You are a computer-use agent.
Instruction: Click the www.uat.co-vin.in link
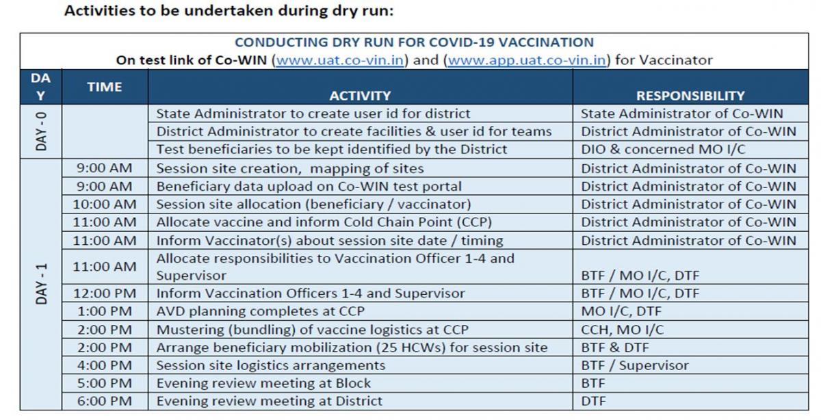pyautogui.click(x=340, y=60)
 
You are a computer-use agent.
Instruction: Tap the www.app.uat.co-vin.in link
pyautogui.click(x=527, y=60)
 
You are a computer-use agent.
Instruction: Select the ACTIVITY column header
pyautogui.click(x=361, y=96)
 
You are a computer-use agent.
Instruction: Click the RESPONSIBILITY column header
pyautogui.click(x=690, y=96)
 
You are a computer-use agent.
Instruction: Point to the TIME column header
pyautogui.click(x=105, y=87)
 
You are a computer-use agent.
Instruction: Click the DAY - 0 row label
pyautogui.click(x=42, y=131)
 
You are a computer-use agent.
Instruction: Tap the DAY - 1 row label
pyautogui.click(x=42, y=284)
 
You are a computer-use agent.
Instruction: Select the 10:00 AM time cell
pyautogui.click(x=105, y=204)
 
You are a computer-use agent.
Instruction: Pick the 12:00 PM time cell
pyautogui.click(x=105, y=293)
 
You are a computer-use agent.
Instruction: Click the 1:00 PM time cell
pyautogui.click(x=105, y=311)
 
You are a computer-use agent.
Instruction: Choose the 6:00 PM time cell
pyautogui.click(x=105, y=401)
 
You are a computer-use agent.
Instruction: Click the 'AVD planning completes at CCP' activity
pyautogui.click(x=261, y=311)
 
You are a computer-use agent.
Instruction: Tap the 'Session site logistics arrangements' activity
pyautogui.click(x=271, y=365)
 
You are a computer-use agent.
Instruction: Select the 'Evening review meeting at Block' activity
pyautogui.click(x=263, y=383)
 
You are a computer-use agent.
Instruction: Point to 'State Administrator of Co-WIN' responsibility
pyautogui.click(x=682, y=114)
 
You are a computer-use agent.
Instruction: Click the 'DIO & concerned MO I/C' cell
pyautogui.click(x=664, y=149)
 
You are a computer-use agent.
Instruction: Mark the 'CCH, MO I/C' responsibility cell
pyautogui.click(x=623, y=330)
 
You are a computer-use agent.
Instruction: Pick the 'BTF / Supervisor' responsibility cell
pyautogui.click(x=635, y=365)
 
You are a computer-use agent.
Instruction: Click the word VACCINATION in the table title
pyautogui.click(x=546, y=42)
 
